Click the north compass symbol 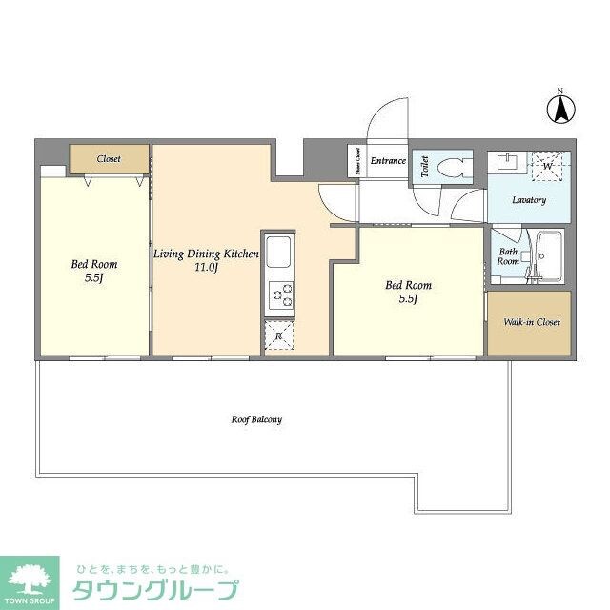tap(561, 108)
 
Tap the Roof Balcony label tap(256, 418)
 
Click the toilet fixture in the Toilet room tap(454, 167)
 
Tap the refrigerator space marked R tap(278, 336)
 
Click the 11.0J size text tap(206, 269)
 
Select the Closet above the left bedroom tap(109, 158)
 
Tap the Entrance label tap(388, 161)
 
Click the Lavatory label tap(527, 200)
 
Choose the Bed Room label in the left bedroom tap(92, 264)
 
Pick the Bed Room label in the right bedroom tap(408, 285)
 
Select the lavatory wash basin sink tap(505, 161)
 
